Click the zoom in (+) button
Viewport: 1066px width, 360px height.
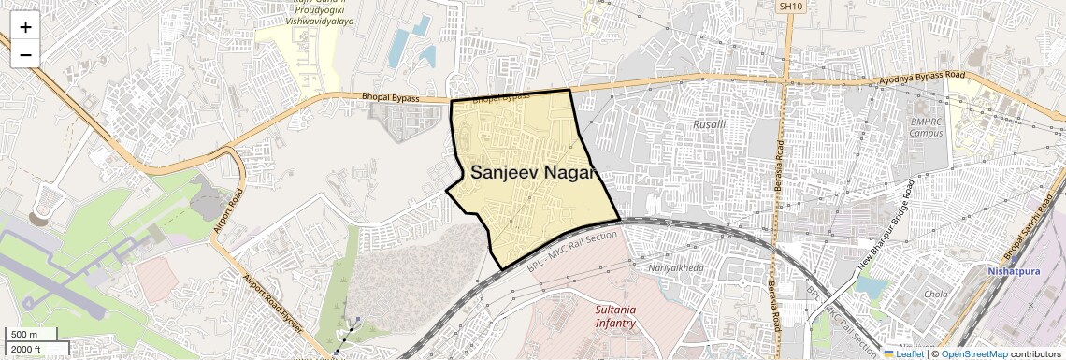(25, 26)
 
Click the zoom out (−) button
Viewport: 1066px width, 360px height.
(25, 54)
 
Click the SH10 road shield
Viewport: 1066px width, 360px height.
(790, 7)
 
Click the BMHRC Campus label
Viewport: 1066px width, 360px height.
(930, 127)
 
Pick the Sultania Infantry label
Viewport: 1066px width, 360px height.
(615, 317)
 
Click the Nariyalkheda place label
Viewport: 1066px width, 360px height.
(675, 267)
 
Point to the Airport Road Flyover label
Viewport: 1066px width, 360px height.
(272, 305)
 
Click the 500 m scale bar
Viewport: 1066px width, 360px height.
(24, 335)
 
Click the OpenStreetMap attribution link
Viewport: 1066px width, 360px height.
(973, 353)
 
